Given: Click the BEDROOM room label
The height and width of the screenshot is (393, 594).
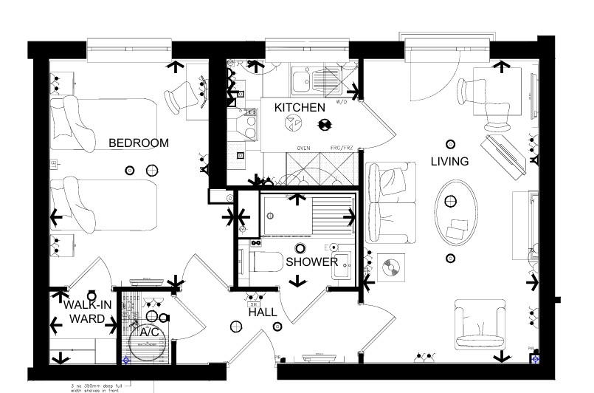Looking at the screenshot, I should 139,143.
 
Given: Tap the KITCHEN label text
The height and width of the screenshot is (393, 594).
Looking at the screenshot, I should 300,108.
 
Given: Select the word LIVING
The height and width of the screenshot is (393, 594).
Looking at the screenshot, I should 449,161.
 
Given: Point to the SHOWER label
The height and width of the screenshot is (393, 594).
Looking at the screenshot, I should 311,262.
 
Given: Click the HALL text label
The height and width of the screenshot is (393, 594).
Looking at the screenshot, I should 263,312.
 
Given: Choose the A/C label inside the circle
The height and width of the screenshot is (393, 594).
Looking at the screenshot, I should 150,332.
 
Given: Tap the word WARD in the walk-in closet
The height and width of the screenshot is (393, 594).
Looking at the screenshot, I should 87,319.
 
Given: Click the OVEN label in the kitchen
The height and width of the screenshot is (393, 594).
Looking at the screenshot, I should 303,148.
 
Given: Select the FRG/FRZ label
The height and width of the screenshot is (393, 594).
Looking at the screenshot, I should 342,148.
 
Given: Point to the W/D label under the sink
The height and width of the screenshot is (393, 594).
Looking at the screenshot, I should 342,101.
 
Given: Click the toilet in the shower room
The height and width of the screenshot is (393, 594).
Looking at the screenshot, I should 264,262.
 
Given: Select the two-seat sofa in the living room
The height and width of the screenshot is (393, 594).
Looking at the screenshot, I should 389,203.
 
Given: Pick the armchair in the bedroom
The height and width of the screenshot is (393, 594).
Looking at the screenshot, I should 181,96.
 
